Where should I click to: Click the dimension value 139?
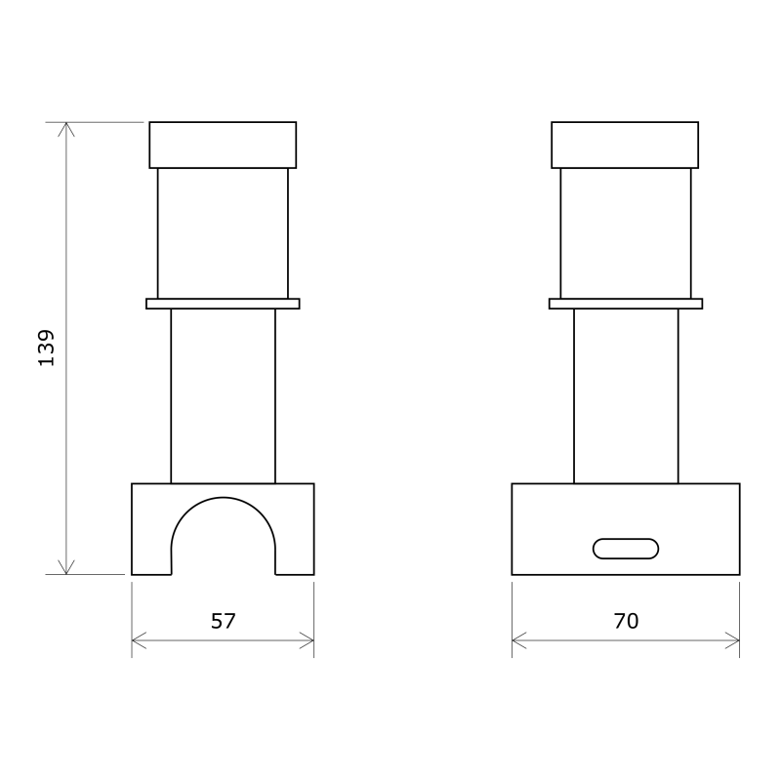pyautogui.click(x=46, y=348)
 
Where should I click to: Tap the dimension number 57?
pyautogui.click(x=223, y=621)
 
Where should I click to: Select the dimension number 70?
pyautogui.click(x=626, y=621)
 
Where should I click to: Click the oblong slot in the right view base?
pyautogui.click(x=626, y=549)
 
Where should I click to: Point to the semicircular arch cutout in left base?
pyautogui.click(x=223, y=497)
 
